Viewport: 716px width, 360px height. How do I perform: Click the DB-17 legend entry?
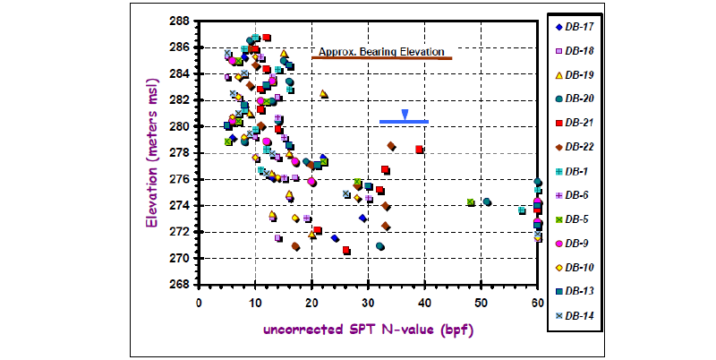coord(575,27)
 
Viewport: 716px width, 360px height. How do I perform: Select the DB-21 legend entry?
coord(575,123)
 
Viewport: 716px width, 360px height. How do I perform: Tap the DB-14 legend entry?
coord(575,316)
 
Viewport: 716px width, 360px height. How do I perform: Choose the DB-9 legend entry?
coord(573,244)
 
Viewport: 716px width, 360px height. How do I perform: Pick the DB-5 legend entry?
coord(573,219)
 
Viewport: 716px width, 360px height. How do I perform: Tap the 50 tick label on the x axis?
coord(481,303)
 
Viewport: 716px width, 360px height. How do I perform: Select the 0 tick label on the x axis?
coord(199,303)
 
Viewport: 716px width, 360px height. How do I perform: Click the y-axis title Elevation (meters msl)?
coord(151,153)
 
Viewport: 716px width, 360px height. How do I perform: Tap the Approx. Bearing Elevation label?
coord(381,52)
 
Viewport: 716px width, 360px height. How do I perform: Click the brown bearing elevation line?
coord(382,58)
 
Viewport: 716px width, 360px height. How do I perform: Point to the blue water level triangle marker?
coord(405,115)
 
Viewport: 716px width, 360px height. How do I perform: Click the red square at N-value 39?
coord(419,150)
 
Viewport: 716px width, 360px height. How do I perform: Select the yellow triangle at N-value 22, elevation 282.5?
coord(323,94)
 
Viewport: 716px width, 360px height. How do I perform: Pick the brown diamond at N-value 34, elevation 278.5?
coord(391,146)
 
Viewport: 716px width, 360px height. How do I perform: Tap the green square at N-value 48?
coord(471,202)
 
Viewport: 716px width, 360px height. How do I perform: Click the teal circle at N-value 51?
coord(487,201)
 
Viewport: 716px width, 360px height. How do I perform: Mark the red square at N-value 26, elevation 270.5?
coord(346,251)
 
